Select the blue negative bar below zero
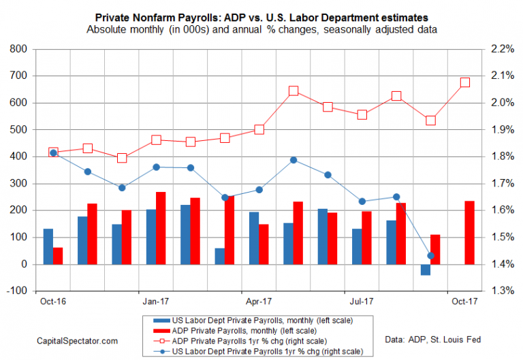[x=426, y=269]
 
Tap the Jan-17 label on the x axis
[x=156, y=300]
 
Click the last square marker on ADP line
[x=464, y=82]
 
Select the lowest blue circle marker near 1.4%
[x=430, y=256]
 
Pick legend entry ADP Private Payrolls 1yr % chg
[x=251, y=340]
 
